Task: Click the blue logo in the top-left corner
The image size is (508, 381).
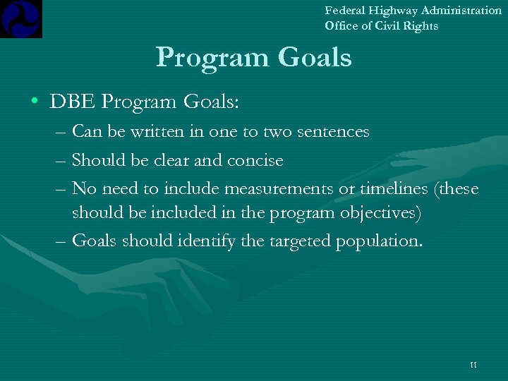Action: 21,18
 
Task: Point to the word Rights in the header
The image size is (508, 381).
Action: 421,26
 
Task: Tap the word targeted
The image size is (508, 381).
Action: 298,241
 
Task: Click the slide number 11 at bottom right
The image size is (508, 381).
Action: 473,365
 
